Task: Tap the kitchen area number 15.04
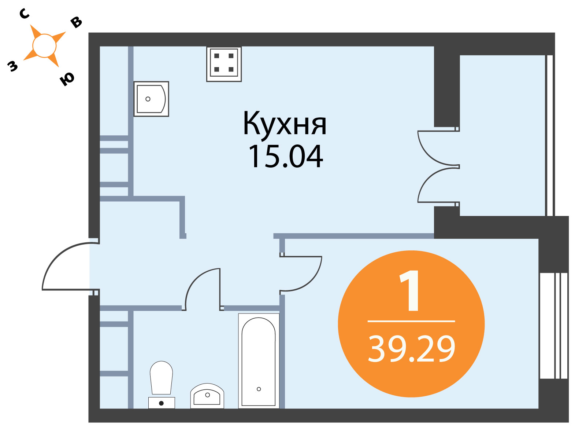pos(286,157)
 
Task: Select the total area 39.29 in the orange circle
pos(411,349)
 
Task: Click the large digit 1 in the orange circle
pos(409,291)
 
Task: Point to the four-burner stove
pos(224,64)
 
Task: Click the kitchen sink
pos(151,99)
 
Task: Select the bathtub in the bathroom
pos(259,361)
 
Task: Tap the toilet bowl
pos(161,378)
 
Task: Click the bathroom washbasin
pos(207,396)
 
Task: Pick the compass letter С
pos(24,14)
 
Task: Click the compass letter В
pos(76,22)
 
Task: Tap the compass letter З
pos(12,66)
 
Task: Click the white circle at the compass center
pos(44,46)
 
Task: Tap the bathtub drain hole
pos(259,389)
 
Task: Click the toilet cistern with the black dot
pos(162,403)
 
